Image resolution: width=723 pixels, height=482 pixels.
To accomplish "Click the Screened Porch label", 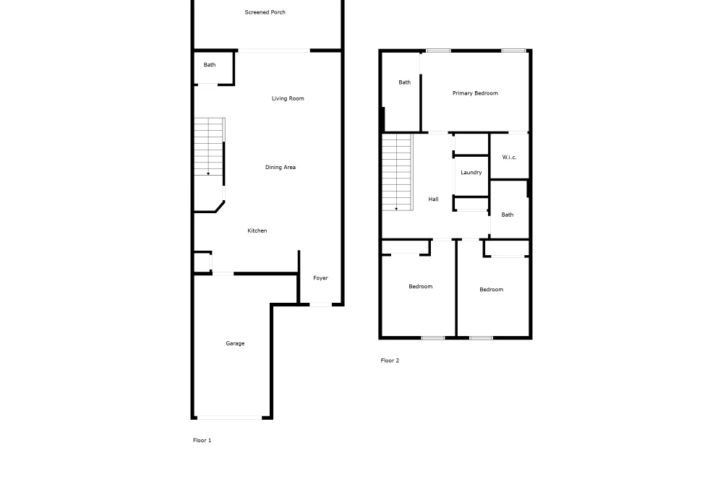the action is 265,12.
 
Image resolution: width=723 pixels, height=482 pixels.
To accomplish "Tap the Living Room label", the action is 288,98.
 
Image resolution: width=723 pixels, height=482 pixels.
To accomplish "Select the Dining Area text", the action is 281,167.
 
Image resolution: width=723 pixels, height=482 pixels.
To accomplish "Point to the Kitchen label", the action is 257,231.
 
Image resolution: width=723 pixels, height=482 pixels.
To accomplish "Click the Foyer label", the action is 320,278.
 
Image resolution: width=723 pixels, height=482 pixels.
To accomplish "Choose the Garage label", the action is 235,343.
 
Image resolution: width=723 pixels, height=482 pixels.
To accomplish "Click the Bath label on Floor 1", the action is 210,65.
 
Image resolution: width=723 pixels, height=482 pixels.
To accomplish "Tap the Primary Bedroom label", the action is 475,93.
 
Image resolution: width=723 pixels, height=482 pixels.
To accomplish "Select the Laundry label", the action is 471,172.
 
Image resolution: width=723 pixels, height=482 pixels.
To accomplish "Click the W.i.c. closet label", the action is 509,157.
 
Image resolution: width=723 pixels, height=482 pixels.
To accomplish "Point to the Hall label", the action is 433,199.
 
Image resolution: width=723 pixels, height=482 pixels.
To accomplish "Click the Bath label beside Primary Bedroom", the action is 405,82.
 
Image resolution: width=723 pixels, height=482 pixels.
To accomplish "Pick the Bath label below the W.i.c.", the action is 508,215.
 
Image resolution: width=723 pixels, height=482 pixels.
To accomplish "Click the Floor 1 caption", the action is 202,440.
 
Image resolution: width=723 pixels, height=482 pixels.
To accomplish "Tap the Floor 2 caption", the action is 390,361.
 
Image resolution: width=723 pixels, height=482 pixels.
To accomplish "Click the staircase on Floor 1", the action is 210,147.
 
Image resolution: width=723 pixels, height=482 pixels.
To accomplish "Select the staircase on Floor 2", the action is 397,172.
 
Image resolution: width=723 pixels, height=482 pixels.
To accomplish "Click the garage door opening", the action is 230,418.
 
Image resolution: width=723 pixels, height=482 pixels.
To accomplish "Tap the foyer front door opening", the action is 320,304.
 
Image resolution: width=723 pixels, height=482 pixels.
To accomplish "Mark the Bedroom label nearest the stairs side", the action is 421,287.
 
